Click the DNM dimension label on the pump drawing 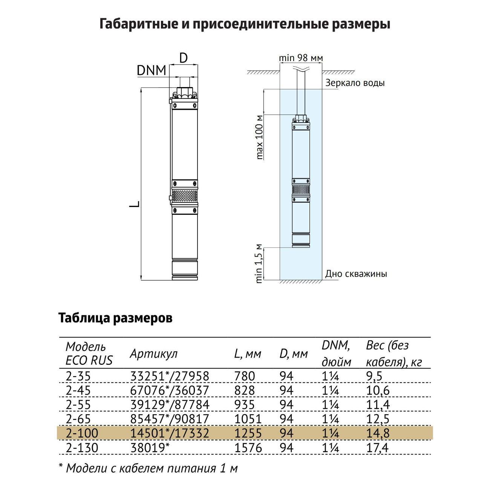click(x=152, y=70)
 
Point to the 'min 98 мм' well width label click(x=301, y=58)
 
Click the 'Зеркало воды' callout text click(x=355, y=83)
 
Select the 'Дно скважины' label click(x=356, y=274)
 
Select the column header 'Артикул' click(x=153, y=354)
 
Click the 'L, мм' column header click(x=247, y=354)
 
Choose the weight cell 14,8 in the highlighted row click(x=378, y=433)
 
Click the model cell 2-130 click(x=82, y=448)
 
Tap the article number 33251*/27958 click(x=169, y=376)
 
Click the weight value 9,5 click(x=374, y=376)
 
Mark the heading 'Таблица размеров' click(x=115, y=318)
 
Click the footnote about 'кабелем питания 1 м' click(x=149, y=468)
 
